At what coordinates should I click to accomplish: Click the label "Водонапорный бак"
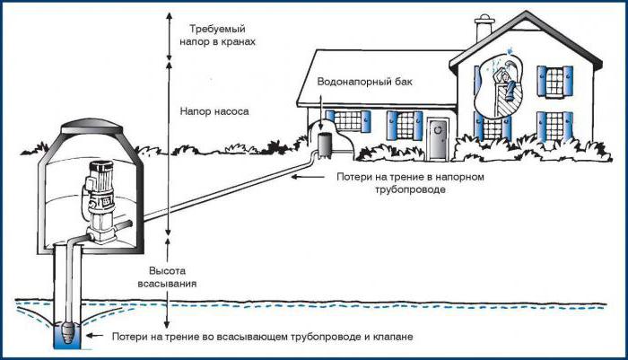click(364, 82)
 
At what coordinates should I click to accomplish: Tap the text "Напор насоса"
click(214, 111)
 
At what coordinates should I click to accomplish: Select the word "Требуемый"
click(217, 29)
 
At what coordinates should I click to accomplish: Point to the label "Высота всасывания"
click(168, 277)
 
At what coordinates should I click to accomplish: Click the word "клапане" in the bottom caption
click(394, 337)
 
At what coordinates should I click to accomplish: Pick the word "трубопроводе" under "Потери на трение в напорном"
click(410, 189)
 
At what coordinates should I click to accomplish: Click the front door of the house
click(438, 139)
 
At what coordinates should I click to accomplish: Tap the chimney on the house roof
click(484, 27)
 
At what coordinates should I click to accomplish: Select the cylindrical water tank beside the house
click(325, 145)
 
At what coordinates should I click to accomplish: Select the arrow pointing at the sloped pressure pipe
click(308, 177)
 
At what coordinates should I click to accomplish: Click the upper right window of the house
click(554, 82)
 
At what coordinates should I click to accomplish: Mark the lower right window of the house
click(554, 126)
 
